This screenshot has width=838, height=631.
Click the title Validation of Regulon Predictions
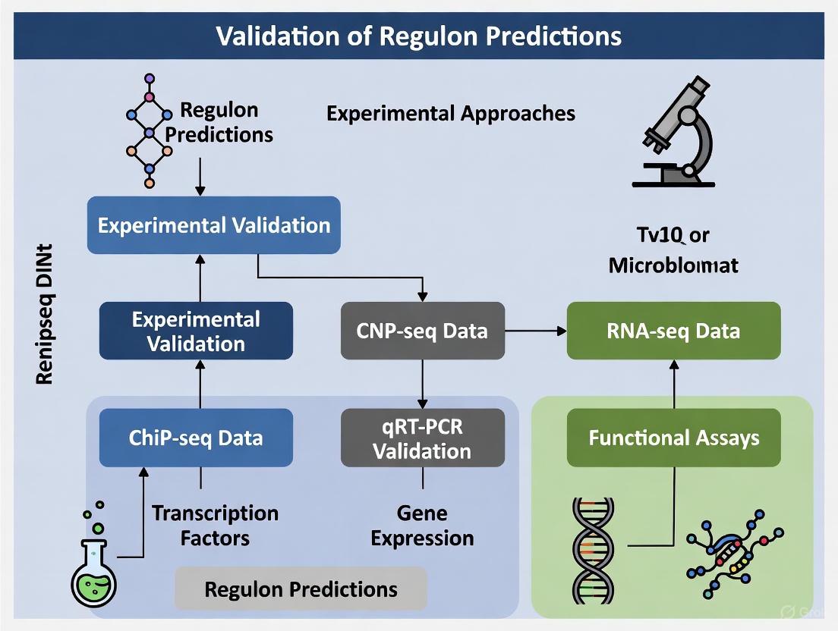tap(419, 36)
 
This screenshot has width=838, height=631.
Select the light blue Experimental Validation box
tap(213, 225)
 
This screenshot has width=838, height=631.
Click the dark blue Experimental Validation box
tap(196, 331)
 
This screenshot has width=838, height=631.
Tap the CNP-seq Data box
tap(422, 331)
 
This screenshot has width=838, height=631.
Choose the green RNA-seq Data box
tap(673, 331)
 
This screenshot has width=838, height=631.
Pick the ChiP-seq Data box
tap(196, 438)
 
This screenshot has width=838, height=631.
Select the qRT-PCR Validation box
tap(422, 438)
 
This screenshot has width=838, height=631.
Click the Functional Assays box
tap(673, 438)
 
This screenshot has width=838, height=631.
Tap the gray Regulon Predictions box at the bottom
tap(301, 589)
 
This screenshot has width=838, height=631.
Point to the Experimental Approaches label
tap(450, 114)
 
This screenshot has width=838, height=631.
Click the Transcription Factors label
tap(215, 526)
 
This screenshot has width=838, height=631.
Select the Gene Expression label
tap(422, 526)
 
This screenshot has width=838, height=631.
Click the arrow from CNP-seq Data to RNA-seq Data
tap(536, 331)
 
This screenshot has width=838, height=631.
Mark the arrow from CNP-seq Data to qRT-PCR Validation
tap(422, 384)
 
